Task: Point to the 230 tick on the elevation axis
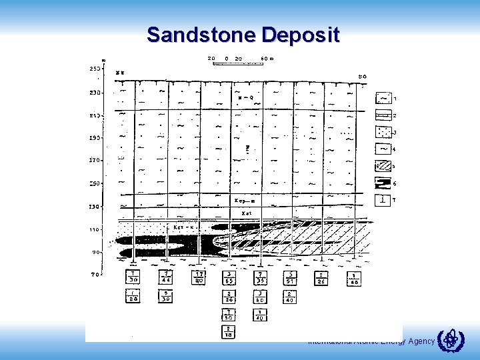click(95, 93)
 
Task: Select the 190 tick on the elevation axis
click(95, 138)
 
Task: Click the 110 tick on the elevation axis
click(95, 229)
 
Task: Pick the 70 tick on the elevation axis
click(95, 274)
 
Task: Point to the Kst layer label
click(245, 213)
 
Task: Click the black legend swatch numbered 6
click(384, 183)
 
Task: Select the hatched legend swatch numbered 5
click(384, 165)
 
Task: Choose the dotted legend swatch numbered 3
click(384, 132)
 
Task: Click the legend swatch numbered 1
click(384, 99)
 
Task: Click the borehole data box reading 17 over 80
click(199, 277)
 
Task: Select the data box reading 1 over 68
click(353, 277)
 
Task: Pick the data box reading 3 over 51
click(291, 277)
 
